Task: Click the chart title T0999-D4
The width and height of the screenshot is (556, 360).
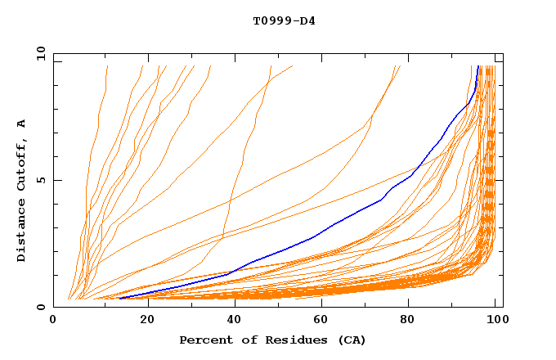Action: [x=284, y=20]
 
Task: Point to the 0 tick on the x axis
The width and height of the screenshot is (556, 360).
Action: [x=53, y=320]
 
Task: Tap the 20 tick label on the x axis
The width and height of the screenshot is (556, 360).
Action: [x=142, y=320]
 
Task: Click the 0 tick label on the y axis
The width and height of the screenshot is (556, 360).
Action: [x=41, y=307]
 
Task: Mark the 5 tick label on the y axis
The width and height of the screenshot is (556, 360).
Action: [x=41, y=180]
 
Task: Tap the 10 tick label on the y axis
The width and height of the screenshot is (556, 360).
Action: [x=38, y=53]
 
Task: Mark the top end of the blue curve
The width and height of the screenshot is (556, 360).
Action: [x=479, y=66]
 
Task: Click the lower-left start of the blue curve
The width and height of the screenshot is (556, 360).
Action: [x=120, y=298]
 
